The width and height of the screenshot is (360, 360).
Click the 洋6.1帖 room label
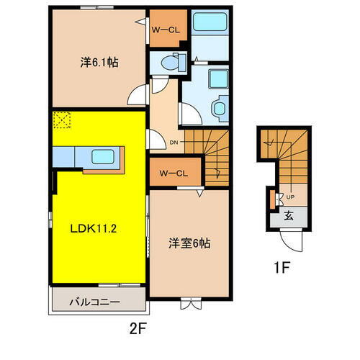[x=99, y=62]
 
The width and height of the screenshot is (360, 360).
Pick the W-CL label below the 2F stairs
[x=168, y=173]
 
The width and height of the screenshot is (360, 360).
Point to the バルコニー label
[x=96, y=301]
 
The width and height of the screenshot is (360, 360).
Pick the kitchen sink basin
[x=101, y=156]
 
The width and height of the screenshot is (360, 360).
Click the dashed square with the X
[x=62, y=120]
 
